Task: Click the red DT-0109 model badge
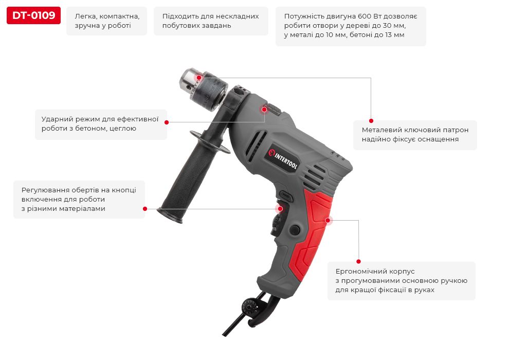33,15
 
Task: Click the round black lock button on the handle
295,229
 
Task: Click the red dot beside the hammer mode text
167,122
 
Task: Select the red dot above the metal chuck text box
371,121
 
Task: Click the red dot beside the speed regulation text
145,209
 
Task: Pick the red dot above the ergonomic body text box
358,261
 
